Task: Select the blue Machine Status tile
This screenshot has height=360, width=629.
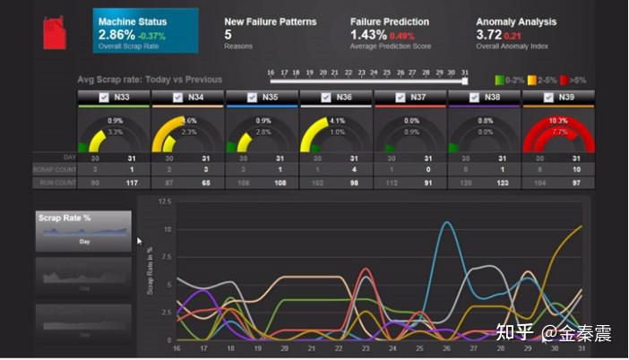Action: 145,30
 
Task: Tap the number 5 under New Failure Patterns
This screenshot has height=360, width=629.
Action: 228,35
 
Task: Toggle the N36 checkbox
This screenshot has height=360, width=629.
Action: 324,97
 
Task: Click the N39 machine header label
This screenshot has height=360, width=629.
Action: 566,97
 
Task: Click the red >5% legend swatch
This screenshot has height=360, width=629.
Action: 563,80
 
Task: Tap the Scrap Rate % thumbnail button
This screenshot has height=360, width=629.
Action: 83,230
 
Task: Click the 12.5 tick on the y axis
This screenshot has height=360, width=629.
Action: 163,201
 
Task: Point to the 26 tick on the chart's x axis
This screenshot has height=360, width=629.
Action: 446,348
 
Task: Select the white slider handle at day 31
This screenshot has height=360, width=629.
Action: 464,80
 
